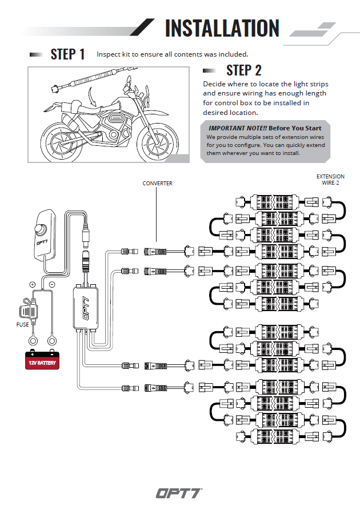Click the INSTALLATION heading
click(222, 28)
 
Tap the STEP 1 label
click(67, 54)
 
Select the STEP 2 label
click(244, 70)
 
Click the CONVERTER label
click(157, 184)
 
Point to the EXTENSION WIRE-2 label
click(330, 180)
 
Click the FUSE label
click(22, 325)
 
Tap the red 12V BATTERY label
click(43, 362)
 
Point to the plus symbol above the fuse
click(33, 284)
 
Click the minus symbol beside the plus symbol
click(51, 284)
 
